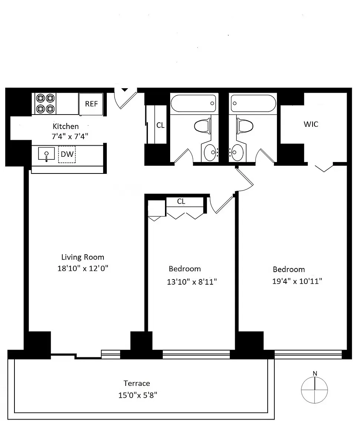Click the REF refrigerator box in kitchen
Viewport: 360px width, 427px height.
point(91,104)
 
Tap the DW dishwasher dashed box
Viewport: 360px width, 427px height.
point(67,155)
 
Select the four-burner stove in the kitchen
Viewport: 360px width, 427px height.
point(45,103)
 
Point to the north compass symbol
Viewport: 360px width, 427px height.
point(314,389)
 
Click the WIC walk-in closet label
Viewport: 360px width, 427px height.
point(311,124)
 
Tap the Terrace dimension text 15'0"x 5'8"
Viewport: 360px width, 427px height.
point(138,395)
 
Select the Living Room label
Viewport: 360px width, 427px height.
point(83,257)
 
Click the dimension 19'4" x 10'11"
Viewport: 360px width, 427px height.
point(297,281)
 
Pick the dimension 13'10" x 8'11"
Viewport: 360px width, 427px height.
point(192,282)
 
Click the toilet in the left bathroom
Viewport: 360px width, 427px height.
point(202,126)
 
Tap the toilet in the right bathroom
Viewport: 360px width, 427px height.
point(244,126)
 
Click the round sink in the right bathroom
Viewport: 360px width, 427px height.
point(237,152)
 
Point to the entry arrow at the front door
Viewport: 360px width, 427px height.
point(125,89)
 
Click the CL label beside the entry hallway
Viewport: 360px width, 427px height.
point(160,125)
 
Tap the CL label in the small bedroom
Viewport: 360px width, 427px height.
point(181,202)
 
